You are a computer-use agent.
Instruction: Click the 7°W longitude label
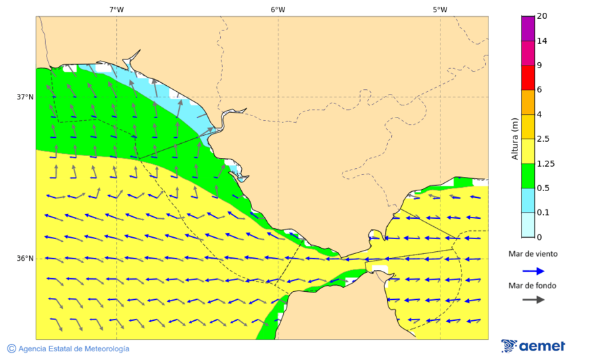click(x=116, y=9)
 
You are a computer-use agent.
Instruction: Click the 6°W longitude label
click(x=278, y=9)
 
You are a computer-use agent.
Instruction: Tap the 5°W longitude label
click(x=440, y=9)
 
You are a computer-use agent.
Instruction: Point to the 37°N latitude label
click(x=25, y=97)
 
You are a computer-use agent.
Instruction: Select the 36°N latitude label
click(x=25, y=259)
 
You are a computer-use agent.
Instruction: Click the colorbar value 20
click(x=542, y=16)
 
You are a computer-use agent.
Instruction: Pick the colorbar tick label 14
click(x=542, y=41)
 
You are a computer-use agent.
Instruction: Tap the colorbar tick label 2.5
click(x=543, y=139)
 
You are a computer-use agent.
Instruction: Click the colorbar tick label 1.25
click(x=545, y=163)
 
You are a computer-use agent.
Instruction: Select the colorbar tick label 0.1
click(x=543, y=213)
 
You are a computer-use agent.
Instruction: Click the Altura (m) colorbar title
click(x=515, y=138)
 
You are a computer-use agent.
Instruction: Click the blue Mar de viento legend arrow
click(x=534, y=271)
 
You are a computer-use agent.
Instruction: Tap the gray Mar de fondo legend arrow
click(x=534, y=299)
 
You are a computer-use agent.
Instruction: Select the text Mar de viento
click(x=533, y=254)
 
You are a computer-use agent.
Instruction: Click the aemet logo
click(x=533, y=346)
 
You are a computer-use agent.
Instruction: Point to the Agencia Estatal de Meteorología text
click(x=74, y=349)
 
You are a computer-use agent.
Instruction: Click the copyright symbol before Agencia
click(x=11, y=349)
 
